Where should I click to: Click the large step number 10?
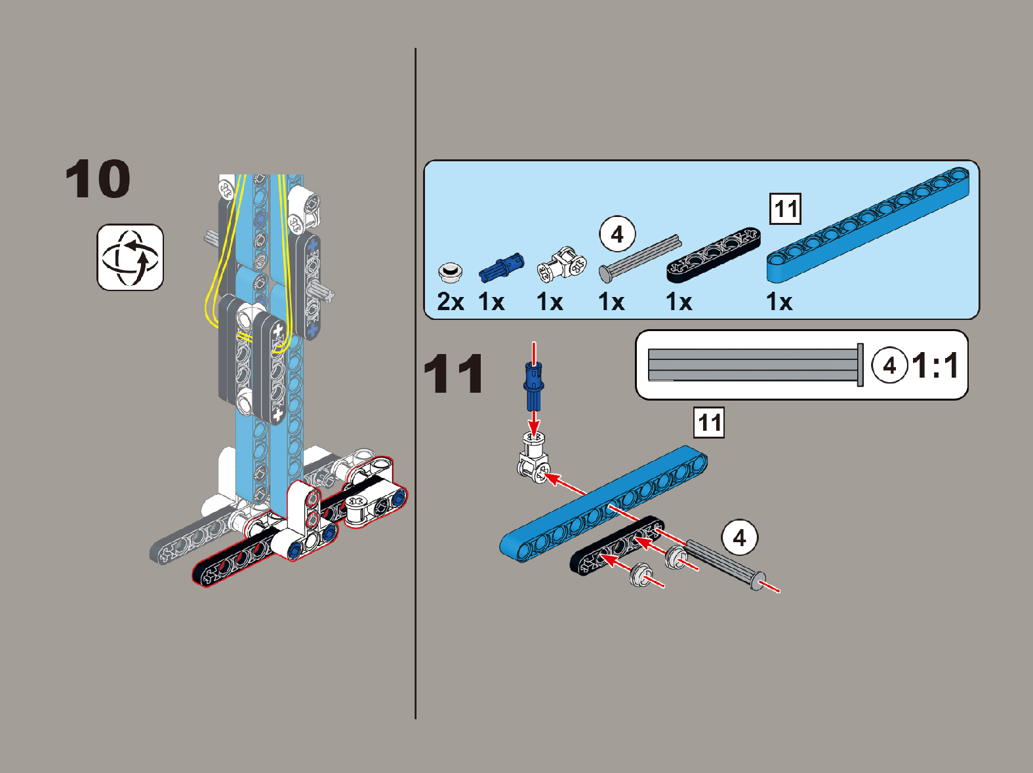pyautogui.click(x=98, y=179)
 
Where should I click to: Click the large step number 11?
pyautogui.click(x=453, y=374)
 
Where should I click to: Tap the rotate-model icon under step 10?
pyautogui.click(x=131, y=258)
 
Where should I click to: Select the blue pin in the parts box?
pyautogui.click(x=502, y=268)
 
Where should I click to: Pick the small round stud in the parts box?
pyautogui.click(x=450, y=272)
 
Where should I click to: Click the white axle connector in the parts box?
pyautogui.click(x=562, y=264)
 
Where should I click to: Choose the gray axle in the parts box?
pyautogui.click(x=640, y=259)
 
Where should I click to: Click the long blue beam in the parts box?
pyautogui.click(x=868, y=225)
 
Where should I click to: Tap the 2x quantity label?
pyautogui.click(x=451, y=302)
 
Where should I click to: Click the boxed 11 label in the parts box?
pyautogui.click(x=786, y=208)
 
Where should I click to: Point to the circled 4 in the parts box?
pyautogui.click(x=617, y=234)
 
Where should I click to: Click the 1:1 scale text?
pyautogui.click(x=935, y=365)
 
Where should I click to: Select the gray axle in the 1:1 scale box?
pyautogui.click(x=756, y=365)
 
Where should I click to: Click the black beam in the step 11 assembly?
pyautogui.click(x=617, y=545)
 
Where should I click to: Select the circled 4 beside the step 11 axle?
pyautogui.click(x=739, y=538)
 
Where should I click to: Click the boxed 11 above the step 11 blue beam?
pyautogui.click(x=709, y=422)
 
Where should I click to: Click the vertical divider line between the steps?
pyautogui.click(x=416, y=384)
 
